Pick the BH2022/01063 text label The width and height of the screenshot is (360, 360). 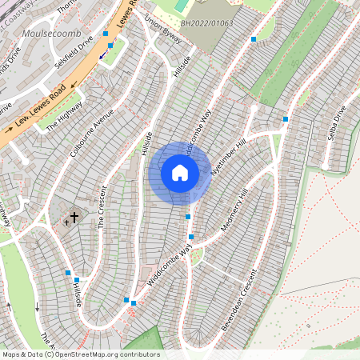(207, 24)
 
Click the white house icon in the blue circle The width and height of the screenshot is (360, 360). (180, 173)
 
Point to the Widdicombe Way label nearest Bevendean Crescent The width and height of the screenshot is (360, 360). (170, 265)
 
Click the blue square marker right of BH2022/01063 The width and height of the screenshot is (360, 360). (254, 38)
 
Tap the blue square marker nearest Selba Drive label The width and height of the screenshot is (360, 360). (285, 119)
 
